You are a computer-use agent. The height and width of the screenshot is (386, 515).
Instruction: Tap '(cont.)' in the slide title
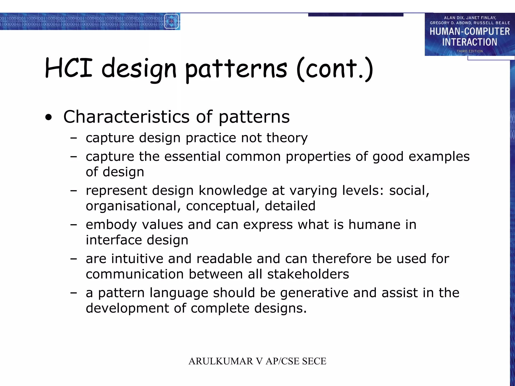tap(335, 69)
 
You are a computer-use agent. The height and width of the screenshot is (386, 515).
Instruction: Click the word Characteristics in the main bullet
tap(126, 117)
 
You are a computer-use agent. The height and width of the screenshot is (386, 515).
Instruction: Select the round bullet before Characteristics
tap(49, 117)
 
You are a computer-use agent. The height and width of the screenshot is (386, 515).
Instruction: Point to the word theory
tap(287, 138)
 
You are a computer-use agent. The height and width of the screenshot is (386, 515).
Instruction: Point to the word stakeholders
tap(308, 274)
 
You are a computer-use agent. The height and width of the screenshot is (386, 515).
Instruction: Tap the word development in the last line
tap(127, 308)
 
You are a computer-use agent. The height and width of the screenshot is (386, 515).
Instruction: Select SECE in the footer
tap(314, 361)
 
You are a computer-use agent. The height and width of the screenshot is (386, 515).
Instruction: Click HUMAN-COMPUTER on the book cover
tap(469, 32)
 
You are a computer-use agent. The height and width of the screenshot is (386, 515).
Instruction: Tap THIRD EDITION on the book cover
tap(469, 51)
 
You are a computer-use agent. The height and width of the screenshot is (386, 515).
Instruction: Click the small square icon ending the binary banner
tap(171, 21)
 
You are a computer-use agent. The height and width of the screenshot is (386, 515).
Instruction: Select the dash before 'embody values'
tap(73, 224)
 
